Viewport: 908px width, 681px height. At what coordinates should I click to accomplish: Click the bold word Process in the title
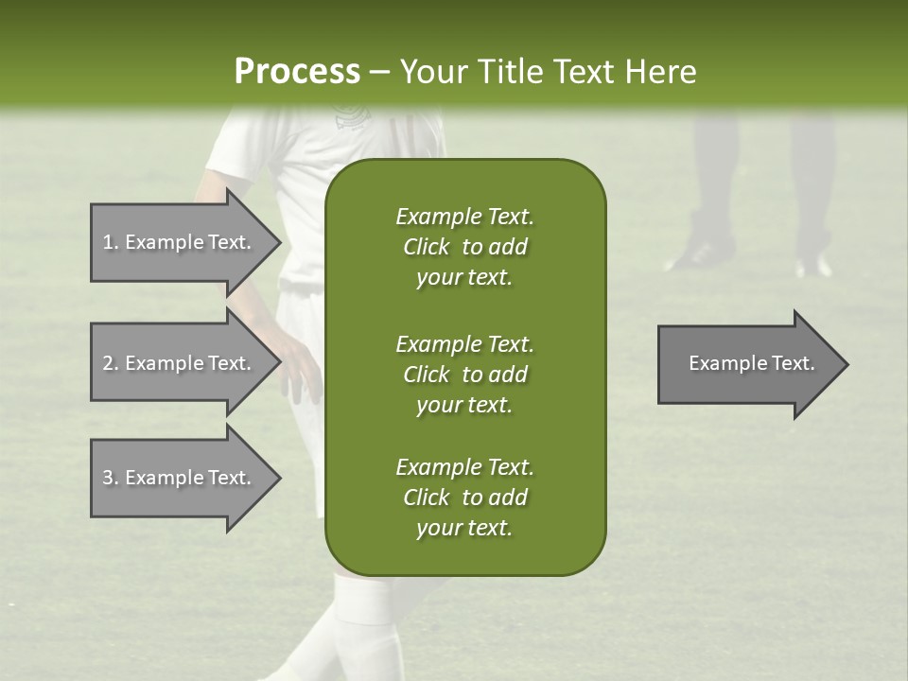(x=297, y=71)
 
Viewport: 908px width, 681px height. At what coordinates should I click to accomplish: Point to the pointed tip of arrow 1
(x=279, y=242)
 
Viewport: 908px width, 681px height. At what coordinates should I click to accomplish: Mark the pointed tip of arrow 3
(x=279, y=478)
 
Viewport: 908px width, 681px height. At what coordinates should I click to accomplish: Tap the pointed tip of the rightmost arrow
(x=847, y=364)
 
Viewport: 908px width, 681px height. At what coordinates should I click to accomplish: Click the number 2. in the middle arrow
(x=110, y=363)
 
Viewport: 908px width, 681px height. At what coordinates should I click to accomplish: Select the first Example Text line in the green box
(x=464, y=217)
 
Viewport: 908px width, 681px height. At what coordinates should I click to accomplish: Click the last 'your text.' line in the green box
(x=464, y=529)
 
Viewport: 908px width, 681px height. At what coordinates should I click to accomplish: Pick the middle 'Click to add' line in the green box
(x=464, y=374)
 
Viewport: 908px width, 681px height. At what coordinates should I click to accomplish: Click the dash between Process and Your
(x=375, y=72)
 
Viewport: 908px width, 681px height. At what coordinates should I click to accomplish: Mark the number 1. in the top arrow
(x=110, y=242)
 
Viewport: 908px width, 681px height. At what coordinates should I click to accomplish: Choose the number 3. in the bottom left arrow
(x=110, y=478)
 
